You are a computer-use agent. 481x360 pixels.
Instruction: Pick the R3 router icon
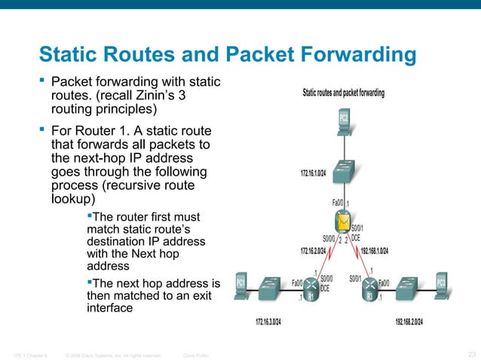370,291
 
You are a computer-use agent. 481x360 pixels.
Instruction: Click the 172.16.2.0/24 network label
314,251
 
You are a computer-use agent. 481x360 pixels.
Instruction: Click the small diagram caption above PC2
344,93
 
